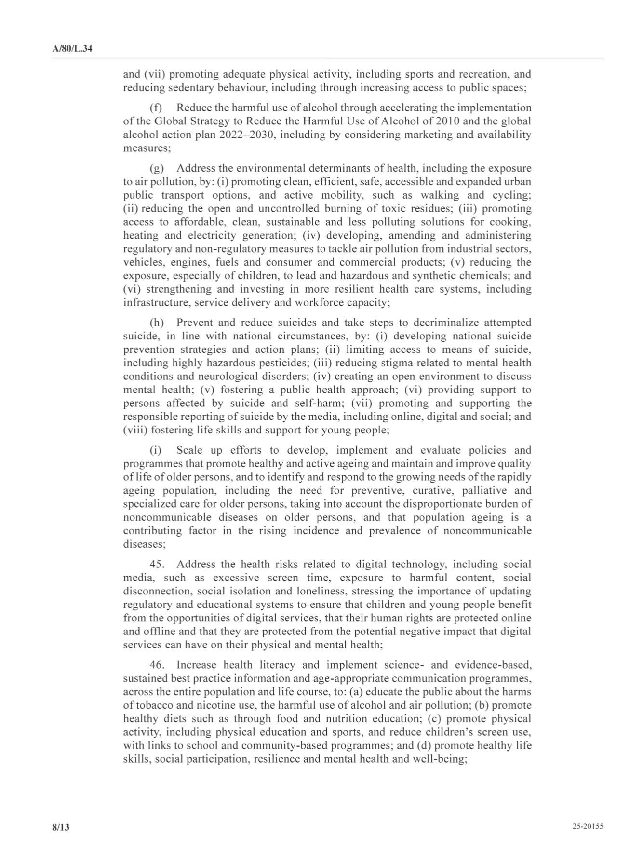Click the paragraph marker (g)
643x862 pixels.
click(x=157, y=168)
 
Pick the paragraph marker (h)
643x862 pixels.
click(x=157, y=323)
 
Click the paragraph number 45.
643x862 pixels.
click(x=158, y=564)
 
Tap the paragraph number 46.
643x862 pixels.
click(x=158, y=665)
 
